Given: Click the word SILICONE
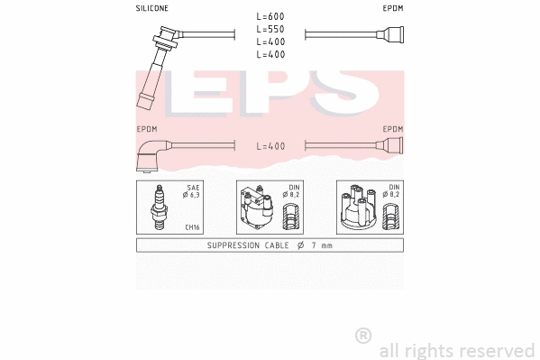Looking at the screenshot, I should (152, 8).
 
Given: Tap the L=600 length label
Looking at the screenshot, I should (270, 17).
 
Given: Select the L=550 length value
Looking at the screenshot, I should (270, 30).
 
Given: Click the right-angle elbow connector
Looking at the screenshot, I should (150, 156).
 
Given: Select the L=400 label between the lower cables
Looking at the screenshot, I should (270, 145).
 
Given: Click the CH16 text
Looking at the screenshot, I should (192, 227).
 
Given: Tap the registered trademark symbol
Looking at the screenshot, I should (363, 335).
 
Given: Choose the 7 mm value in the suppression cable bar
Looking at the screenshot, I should (322, 245).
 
